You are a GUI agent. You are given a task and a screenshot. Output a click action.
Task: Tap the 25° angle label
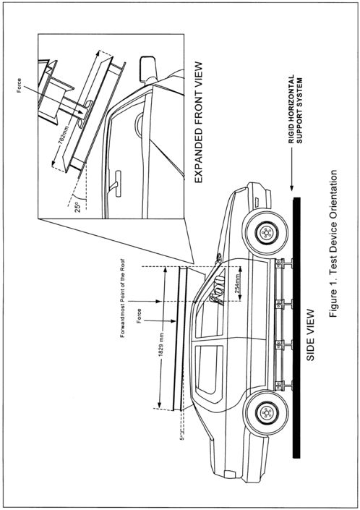[x=78, y=207]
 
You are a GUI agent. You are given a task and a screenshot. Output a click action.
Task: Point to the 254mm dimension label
[x=238, y=284]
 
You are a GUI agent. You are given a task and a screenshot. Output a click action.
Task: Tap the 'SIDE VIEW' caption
[x=311, y=335]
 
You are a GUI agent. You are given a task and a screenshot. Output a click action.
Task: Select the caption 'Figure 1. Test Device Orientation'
[x=333, y=243]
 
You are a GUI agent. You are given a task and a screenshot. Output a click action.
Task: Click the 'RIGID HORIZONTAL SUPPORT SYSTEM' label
[x=296, y=109]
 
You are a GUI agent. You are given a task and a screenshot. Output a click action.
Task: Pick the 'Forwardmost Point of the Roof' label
[x=123, y=298]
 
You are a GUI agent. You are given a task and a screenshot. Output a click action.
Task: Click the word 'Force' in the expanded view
[x=20, y=85]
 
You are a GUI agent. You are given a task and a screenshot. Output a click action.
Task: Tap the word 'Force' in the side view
[x=139, y=316]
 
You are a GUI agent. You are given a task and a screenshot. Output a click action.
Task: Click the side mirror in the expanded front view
[x=147, y=69]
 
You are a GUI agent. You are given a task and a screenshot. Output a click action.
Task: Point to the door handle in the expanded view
[x=117, y=184]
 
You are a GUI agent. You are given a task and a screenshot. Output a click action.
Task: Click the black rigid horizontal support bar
[x=296, y=328]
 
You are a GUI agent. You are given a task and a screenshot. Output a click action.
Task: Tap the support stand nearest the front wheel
[x=283, y=264]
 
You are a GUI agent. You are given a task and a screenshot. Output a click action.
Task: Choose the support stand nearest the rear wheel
[x=283, y=386]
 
